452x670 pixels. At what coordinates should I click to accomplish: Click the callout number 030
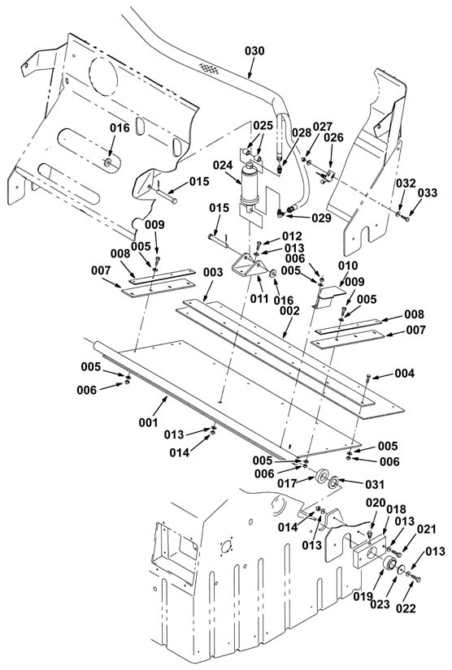pyautogui.click(x=254, y=51)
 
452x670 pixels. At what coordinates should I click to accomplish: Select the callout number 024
pyautogui.click(x=223, y=165)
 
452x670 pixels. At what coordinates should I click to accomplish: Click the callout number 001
pyautogui.click(x=149, y=422)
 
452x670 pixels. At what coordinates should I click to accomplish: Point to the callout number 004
pyautogui.click(x=405, y=374)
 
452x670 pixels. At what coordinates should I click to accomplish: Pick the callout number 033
pyautogui.click(x=428, y=192)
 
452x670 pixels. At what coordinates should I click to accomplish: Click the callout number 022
pyautogui.click(x=406, y=608)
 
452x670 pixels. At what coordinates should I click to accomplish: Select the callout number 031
pyautogui.click(x=375, y=485)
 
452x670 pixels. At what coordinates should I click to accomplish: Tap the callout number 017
pyautogui.click(x=287, y=483)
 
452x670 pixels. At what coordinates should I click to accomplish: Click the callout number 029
pyautogui.click(x=322, y=218)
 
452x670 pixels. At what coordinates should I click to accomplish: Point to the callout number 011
pyautogui.click(x=259, y=298)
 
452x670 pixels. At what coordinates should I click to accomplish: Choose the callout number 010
pyautogui.click(x=348, y=266)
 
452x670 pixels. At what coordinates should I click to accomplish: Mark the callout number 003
pyautogui.click(x=213, y=272)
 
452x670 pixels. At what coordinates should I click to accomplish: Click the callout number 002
pyautogui.click(x=289, y=311)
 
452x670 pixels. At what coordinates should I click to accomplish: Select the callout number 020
pyautogui.click(x=376, y=503)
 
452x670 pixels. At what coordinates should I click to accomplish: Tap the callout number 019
pyautogui.click(x=363, y=597)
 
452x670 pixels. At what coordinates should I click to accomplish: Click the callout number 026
pyautogui.click(x=333, y=137)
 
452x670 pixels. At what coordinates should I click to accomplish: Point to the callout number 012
pyautogui.click(x=292, y=236)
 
